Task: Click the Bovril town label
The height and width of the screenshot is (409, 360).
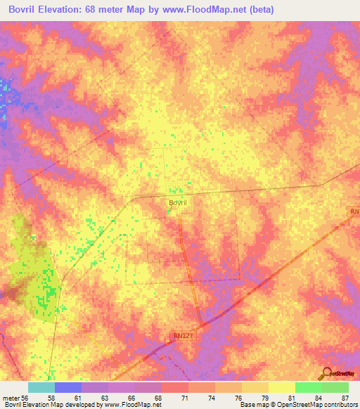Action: (x=176, y=202)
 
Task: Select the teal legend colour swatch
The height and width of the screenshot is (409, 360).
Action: (x=41, y=387)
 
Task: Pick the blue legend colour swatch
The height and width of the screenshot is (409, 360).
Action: (x=68, y=387)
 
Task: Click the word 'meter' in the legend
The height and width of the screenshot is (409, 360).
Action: (x=11, y=397)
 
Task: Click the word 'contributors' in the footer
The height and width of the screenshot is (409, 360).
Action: (x=343, y=405)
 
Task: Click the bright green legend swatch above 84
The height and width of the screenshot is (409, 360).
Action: (x=308, y=387)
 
